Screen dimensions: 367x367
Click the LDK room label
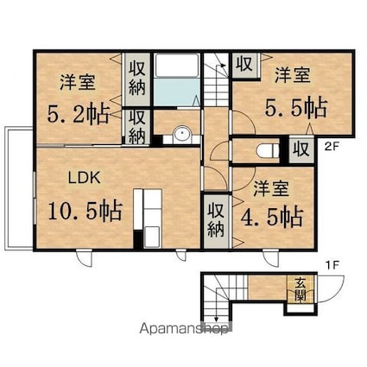click(84, 178)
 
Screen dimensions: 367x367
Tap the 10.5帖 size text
click(85, 211)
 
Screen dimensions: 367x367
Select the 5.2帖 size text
click(78, 113)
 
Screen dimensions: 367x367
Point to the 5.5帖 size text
click(296, 107)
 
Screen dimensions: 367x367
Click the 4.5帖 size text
click(272, 218)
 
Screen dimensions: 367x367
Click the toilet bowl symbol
click(268, 151)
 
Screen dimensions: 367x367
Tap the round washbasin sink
click(181, 134)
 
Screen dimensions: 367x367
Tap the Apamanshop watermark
click(184, 328)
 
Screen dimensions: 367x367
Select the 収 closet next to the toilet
click(301, 149)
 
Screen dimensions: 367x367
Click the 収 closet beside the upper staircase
click(245, 64)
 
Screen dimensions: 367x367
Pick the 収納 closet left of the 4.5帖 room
click(216, 220)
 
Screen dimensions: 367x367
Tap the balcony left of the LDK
click(19, 188)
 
